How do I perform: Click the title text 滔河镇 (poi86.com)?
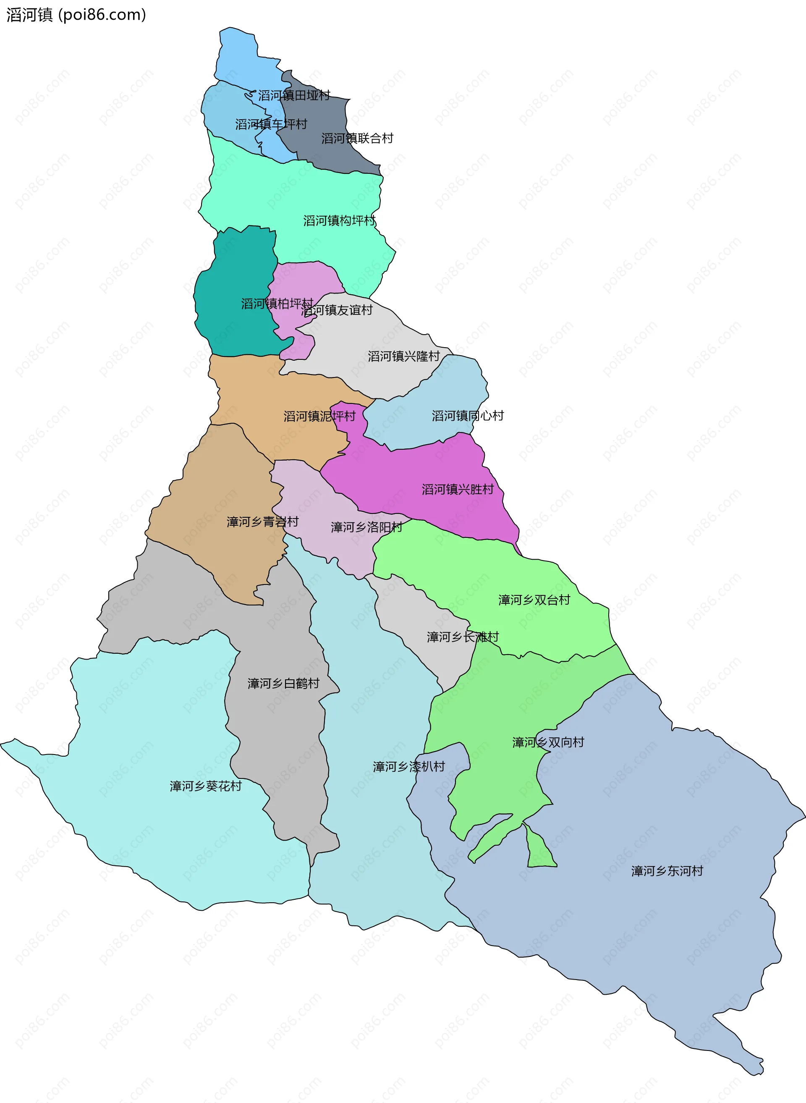[76, 15]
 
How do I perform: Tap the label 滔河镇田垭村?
[294, 95]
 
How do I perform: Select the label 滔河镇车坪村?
[271, 124]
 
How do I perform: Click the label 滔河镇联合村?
[357, 139]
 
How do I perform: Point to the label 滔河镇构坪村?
[340, 221]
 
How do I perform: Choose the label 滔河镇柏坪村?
[277, 304]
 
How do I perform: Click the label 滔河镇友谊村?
[337, 310]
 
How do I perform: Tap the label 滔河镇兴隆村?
[404, 356]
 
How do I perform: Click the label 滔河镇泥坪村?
[319, 417]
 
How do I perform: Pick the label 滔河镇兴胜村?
[458, 490]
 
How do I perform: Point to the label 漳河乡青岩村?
[262, 522]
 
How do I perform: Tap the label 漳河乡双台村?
[534, 600]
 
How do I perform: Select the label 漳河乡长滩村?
[463, 637]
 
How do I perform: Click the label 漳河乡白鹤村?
[283, 683]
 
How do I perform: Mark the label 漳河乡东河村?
[667, 871]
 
